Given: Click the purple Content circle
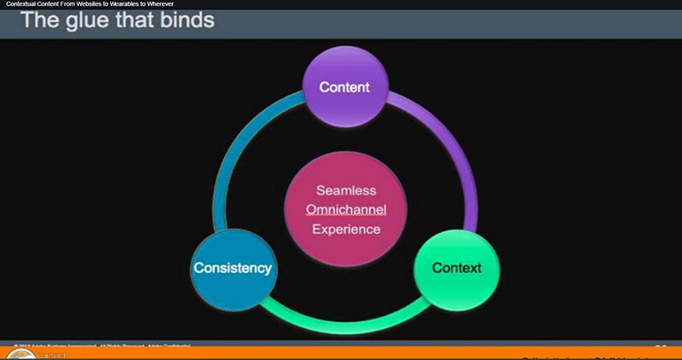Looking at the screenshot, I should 344,86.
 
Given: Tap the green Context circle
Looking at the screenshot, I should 456,268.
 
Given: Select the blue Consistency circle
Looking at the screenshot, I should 233,268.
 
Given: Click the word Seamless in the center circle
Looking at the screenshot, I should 346,190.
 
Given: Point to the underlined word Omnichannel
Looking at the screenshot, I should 346,209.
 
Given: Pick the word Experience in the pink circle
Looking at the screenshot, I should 346,229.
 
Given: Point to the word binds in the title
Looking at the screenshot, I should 184,19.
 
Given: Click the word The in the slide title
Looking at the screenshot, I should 39,19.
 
